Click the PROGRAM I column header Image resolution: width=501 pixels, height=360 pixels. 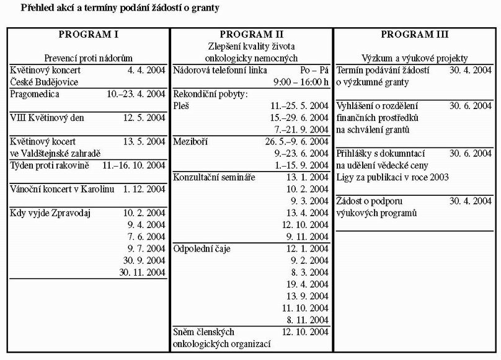point(88,34)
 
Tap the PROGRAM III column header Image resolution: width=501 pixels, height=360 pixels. point(415,34)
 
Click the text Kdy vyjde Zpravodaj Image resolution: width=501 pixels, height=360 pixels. point(51,213)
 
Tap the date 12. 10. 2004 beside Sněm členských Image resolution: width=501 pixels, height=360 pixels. point(305,332)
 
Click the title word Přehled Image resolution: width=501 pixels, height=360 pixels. point(40,9)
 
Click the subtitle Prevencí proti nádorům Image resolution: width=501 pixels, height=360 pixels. point(88,58)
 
